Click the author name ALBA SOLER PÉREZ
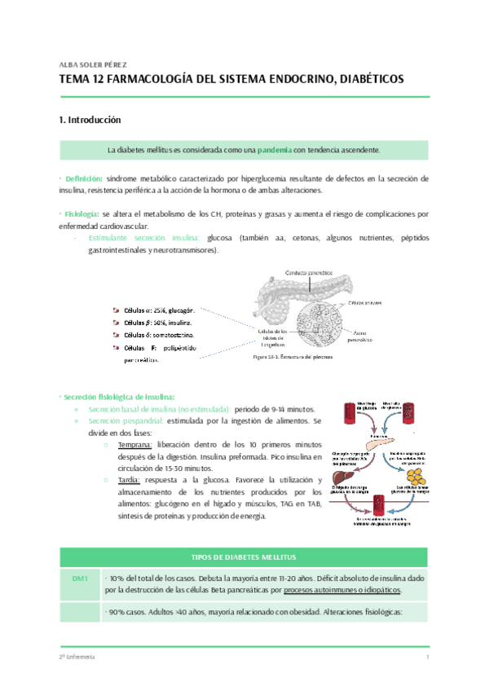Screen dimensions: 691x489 point(93,64)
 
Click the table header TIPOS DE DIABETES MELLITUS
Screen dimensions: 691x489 point(244,556)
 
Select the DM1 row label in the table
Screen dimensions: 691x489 point(79,578)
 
